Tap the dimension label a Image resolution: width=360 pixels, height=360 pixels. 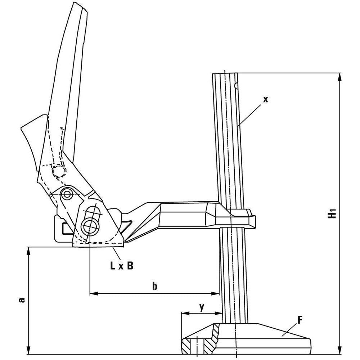click(x=21, y=300)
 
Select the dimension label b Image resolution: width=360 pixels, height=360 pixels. click(x=154, y=286)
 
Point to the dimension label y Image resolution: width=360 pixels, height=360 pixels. click(x=202, y=307)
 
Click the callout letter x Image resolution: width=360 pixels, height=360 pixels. click(x=265, y=99)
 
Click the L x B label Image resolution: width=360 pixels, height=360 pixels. click(x=122, y=266)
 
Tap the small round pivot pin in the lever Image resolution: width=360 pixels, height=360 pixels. click(x=67, y=194)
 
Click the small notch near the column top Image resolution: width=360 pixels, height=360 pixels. click(x=236, y=86)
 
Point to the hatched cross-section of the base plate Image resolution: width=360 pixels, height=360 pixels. click(x=200, y=342)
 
